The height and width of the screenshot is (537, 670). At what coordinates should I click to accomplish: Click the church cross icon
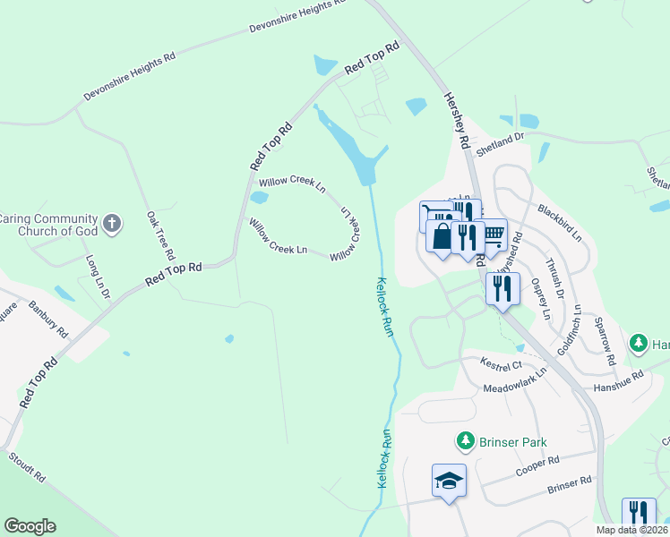click(x=112, y=224)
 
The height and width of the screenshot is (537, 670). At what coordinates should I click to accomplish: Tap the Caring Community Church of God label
click(x=47, y=224)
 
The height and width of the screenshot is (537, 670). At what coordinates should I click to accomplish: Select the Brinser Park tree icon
click(x=465, y=441)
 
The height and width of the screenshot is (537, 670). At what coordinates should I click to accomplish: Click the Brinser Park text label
click(x=511, y=442)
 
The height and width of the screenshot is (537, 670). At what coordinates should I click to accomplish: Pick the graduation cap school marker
click(x=450, y=481)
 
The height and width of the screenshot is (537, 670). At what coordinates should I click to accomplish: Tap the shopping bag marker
click(x=442, y=237)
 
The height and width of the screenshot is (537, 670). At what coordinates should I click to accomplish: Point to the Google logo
click(x=30, y=525)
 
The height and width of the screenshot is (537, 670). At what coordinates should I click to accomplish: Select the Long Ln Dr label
click(x=98, y=276)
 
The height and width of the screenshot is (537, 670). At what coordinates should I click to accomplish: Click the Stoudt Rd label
click(x=27, y=467)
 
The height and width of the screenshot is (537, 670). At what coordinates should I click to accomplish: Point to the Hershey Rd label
click(x=458, y=123)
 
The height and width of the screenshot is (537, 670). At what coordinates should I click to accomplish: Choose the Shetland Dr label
click(x=499, y=146)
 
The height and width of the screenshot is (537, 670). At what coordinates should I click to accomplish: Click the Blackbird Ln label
click(x=560, y=223)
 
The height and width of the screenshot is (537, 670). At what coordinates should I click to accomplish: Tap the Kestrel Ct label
click(x=501, y=365)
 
